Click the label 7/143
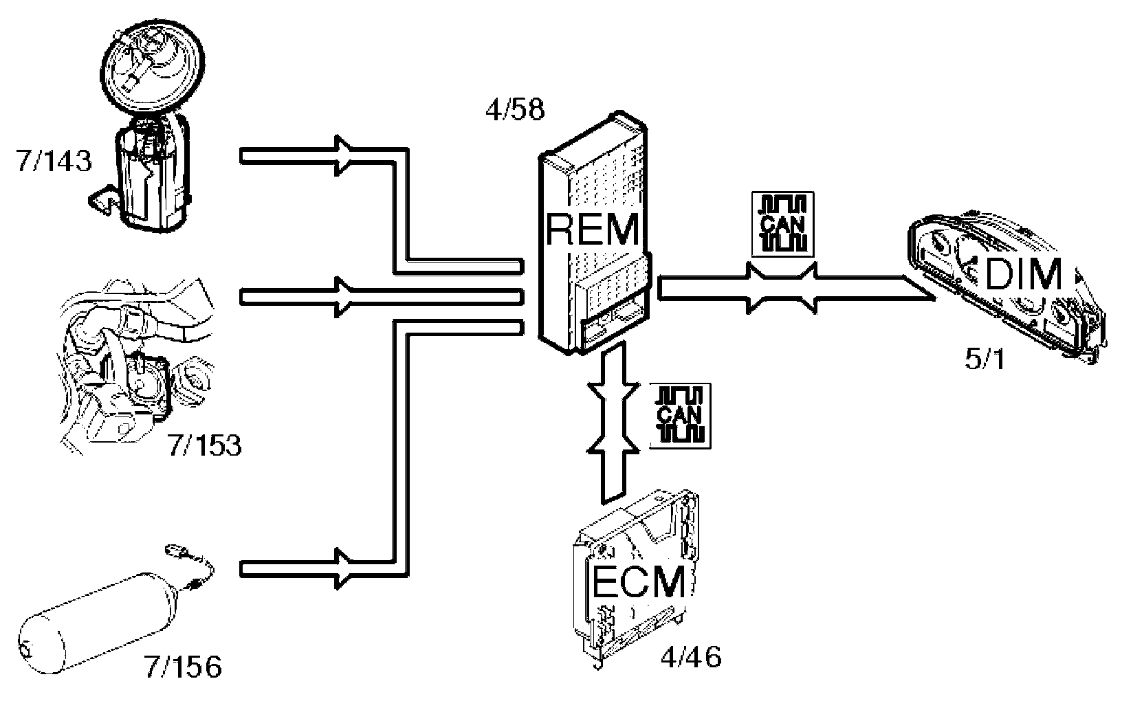tap(52, 161)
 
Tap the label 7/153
tap(204, 446)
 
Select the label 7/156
tap(183, 666)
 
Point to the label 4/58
tap(515, 110)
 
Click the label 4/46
tap(690, 658)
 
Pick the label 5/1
tap(984, 359)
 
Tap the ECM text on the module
tap(639, 583)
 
